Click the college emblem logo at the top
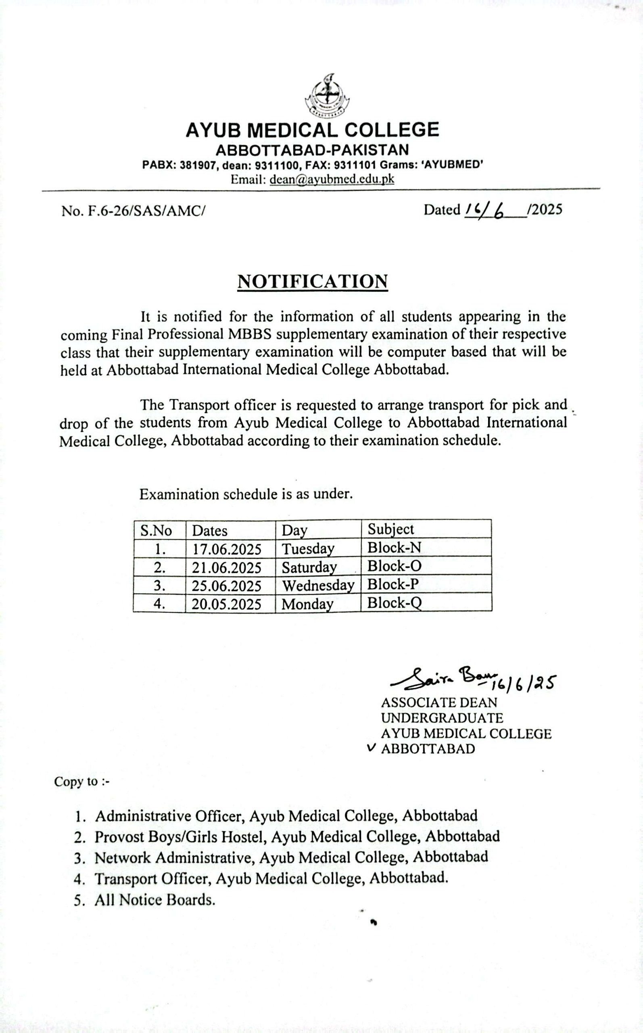pyautogui.click(x=327, y=96)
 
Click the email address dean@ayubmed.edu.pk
pyautogui.click(x=332, y=180)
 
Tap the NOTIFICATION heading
pyautogui.click(x=313, y=282)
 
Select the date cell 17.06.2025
pyautogui.click(x=226, y=549)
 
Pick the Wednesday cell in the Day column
pyautogui.click(x=318, y=586)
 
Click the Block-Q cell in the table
pyautogui.click(x=395, y=603)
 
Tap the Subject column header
pyautogui.click(x=390, y=529)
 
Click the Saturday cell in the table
pyautogui.click(x=309, y=567)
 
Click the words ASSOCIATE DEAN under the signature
pyautogui.click(x=439, y=703)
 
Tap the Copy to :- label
pyautogui.click(x=81, y=782)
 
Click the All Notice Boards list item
pyautogui.click(x=154, y=900)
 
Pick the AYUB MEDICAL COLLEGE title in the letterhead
pyautogui.click(x=312, y=129)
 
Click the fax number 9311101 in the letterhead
pyautogui.click(x=360, y=165)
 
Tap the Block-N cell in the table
pyautogui.click(x=394, y=548)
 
